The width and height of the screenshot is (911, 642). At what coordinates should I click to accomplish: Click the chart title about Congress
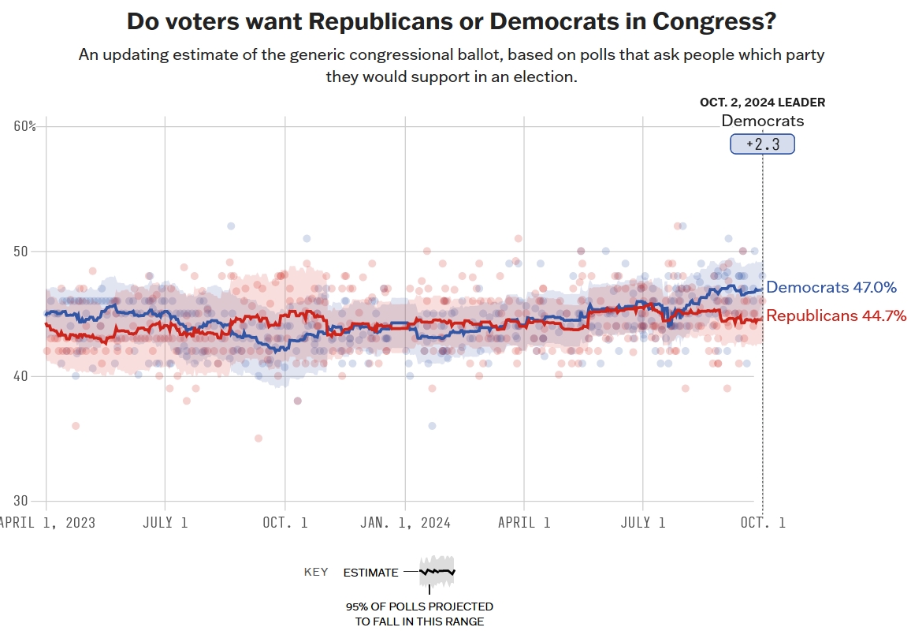451,21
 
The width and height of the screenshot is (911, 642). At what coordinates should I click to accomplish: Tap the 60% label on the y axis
25,126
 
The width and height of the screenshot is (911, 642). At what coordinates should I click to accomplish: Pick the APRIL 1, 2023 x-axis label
46,523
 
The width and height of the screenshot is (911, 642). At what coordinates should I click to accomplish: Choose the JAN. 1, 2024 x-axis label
406,523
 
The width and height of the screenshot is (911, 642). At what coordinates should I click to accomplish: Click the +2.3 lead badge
762,144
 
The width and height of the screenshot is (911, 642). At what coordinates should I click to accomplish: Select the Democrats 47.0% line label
831,288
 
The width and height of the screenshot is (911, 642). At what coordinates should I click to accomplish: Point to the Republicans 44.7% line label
836,316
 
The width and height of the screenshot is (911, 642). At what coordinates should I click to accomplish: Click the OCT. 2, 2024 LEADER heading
762,103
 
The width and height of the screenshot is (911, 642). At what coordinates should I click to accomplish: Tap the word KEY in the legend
316,572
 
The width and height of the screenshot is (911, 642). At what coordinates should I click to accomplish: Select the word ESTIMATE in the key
370,573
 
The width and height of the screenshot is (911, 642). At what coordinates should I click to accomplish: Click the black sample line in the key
437,571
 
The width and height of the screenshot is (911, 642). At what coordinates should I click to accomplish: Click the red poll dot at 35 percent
258,439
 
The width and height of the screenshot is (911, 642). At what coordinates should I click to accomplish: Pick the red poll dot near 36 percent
76,426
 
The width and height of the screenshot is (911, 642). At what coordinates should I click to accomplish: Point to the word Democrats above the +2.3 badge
762,121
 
